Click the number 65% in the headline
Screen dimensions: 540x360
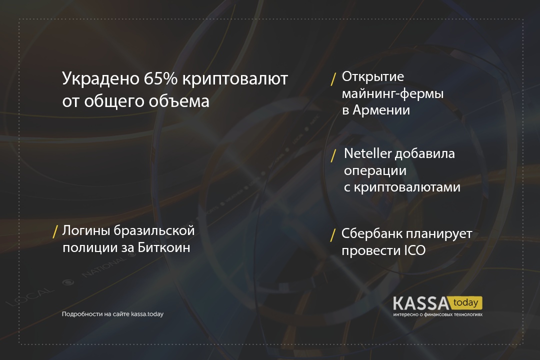point(160,78)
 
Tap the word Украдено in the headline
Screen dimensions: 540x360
point(100,79)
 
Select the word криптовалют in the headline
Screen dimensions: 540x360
point(235,79)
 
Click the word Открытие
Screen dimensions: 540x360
point(372,76)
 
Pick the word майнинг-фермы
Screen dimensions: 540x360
point(392,94)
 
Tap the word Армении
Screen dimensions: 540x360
point(381,110)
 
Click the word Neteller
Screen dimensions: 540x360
point(368,153)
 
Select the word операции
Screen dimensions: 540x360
point(375,171)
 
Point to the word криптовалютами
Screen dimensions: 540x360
point(407,187)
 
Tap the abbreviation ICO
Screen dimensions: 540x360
point(415,250)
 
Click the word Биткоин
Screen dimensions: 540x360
point(164,247)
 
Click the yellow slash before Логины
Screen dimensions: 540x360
point(55,232)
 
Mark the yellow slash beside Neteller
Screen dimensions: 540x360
point(333,155)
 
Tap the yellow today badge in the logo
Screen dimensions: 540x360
point(465,303)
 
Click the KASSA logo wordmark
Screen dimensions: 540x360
point(421,303)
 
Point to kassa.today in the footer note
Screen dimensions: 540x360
point(147,314)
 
